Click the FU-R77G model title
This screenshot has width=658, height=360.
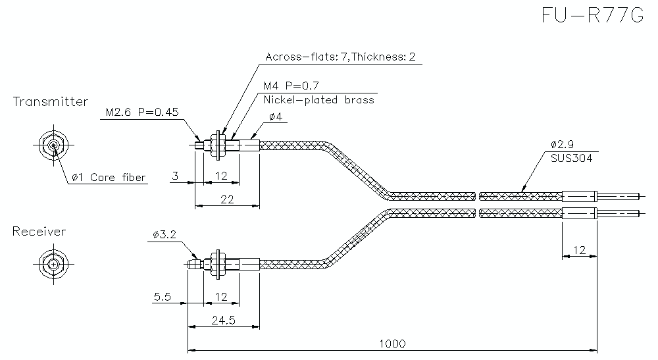pos(592,15)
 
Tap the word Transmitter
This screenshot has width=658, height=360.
pos(50,101)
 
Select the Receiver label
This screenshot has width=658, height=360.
pos(39,231)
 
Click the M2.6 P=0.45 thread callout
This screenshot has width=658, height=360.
pos(142,112)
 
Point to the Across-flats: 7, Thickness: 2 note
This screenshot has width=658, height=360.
pos(340,57)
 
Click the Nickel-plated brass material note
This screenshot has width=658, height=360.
pos(318,100)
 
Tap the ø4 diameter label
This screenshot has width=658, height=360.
pos(276,117)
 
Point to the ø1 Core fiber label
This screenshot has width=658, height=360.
pos(109,177)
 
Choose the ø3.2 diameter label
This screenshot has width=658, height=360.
pos(163,234)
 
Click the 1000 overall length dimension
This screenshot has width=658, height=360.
pos(392,344)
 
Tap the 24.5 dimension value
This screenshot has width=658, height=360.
pos(224,320)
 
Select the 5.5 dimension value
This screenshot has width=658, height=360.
pos(162,297)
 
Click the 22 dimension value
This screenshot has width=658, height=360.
pos(226,200)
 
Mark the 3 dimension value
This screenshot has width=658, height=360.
pos(175,176)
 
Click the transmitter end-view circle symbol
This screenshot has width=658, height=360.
pos(52,145)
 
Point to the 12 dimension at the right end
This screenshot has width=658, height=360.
pos(579,250)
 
